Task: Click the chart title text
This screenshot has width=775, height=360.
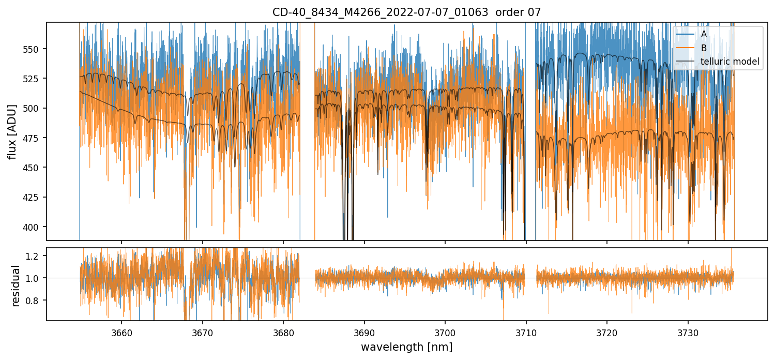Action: [x=406, y=12]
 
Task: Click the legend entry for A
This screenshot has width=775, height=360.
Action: [x=704, y=34]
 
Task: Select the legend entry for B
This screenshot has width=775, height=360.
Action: [x=704, y=48]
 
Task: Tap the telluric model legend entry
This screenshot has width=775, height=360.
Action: [x=730, y=62]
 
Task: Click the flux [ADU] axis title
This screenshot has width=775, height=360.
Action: [x=12, y=131]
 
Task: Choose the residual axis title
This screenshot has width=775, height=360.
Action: [x=16, y=286]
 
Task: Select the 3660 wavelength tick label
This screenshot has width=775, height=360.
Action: [x=121, y=332]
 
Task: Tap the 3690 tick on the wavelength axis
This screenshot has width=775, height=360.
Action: [x=364, y=332]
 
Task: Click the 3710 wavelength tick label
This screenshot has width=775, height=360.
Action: [x=526, y=332]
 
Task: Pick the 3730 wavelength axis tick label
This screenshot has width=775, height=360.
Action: [x=688, y=332]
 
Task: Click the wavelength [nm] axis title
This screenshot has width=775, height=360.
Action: [x=406, y=347]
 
